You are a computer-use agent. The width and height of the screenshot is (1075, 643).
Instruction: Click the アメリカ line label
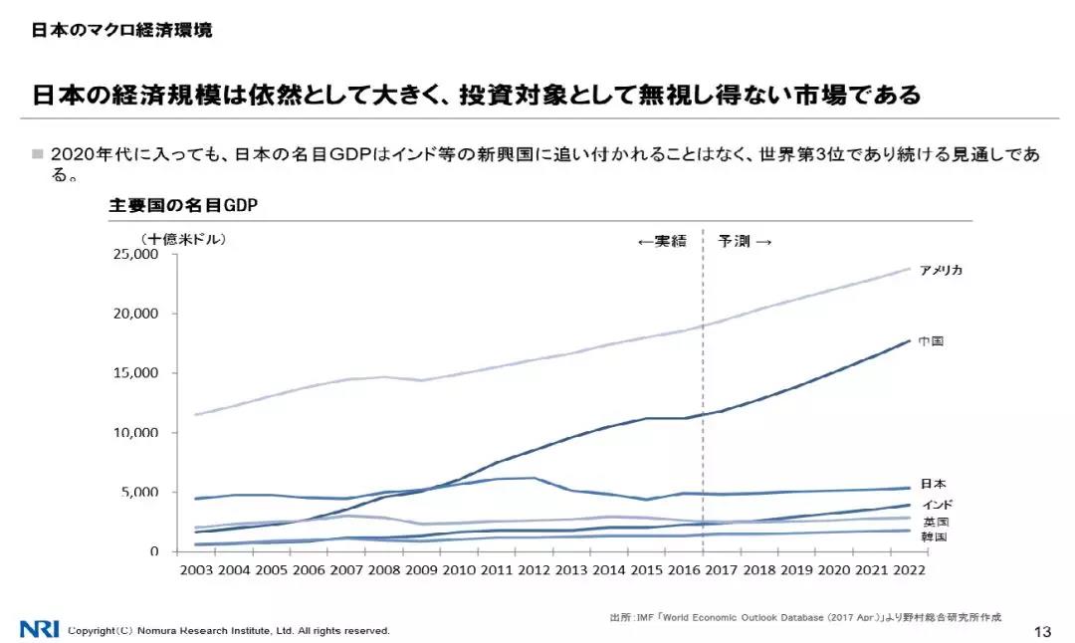coord(941,271)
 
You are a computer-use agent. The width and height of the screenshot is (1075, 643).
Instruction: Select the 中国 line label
coord(931,341)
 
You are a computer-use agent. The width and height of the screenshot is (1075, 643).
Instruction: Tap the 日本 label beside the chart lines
coord(933,485)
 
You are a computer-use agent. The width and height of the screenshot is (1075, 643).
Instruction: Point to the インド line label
coord(938,505)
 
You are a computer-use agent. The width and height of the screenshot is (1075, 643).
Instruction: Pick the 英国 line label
coord(935,522)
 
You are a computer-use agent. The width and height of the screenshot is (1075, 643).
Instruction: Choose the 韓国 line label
coord(934,537)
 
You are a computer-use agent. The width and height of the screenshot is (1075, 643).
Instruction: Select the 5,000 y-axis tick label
coord(141,493)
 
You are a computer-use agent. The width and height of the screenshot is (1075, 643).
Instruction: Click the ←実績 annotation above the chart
coord(661,241)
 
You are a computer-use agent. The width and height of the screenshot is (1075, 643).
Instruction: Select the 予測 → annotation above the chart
coord(746,241)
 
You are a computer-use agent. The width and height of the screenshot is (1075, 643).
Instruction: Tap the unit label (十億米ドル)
coord(183,239)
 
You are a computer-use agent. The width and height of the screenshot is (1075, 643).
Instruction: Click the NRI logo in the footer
coord(39,629)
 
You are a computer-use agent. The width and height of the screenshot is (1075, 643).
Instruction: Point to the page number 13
coord(1043,632)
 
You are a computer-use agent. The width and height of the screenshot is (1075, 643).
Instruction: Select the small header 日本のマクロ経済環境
coord(121,30)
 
